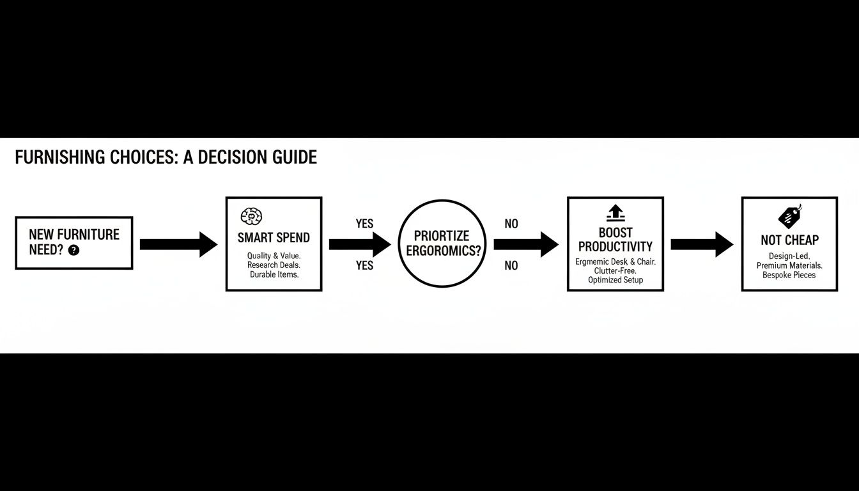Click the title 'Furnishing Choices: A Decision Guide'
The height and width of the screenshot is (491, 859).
166,157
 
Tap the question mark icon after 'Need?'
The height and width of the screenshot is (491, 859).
74,251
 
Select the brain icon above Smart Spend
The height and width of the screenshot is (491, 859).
252,216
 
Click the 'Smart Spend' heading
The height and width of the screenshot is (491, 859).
274,238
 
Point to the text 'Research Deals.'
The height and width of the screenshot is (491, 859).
274,265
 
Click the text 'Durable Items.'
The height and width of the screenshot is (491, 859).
274,274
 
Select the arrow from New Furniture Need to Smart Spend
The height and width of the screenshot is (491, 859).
178,244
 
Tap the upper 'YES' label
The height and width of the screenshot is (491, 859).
364,224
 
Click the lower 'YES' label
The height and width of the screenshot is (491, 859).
364,265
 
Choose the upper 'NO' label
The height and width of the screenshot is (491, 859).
511,224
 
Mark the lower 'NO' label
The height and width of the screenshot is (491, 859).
511,265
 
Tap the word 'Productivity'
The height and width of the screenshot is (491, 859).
615,247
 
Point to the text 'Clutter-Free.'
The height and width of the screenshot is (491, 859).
615,270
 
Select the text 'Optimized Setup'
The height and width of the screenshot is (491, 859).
615,280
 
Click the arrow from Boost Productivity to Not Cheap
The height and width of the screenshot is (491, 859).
702,244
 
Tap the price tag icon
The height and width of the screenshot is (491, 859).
790,217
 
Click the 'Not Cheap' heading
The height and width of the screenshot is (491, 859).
789,240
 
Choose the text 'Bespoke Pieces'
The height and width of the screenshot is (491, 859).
789,275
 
